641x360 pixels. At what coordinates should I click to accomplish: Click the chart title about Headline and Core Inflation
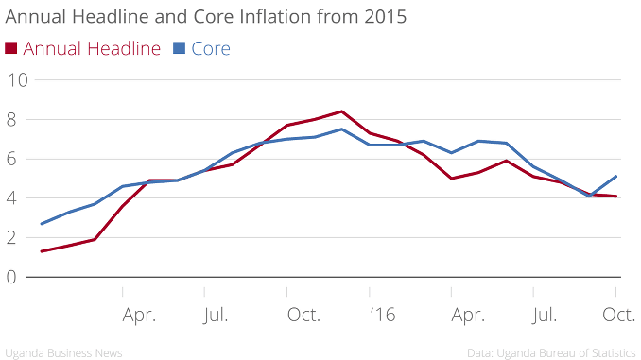coord(205,17)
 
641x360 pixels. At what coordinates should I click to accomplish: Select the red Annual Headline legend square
coord(11,48)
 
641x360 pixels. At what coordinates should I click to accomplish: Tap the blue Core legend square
coord(179,48)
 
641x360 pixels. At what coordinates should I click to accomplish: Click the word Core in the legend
coord(211,48)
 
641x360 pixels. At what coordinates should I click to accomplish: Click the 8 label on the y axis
coord(11,120)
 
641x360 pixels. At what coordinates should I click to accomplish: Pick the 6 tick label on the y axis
coord(11,159)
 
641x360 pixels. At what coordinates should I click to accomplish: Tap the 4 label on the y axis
coord(11,198)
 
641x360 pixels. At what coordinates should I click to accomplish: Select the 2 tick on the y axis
coord(11,237)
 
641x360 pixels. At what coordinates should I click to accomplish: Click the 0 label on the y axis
coord(11,277)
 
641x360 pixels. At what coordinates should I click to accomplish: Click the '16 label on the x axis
coord(383,315)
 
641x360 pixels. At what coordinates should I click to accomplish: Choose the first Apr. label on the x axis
coord(139,316)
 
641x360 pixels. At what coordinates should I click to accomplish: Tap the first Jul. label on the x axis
coord(216,316)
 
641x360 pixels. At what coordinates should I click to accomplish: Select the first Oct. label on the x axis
coord(303,315)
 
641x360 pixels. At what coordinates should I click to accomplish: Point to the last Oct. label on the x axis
coord(619,315)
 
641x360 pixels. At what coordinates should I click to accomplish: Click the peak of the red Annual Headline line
coord(341,111)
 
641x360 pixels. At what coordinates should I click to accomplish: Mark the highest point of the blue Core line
coord(341,129)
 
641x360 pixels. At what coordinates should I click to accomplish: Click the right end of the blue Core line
coord(616,177)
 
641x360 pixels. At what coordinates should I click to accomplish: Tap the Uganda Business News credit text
coord(63,352)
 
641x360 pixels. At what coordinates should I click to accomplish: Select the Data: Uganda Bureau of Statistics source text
coord(551,352)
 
